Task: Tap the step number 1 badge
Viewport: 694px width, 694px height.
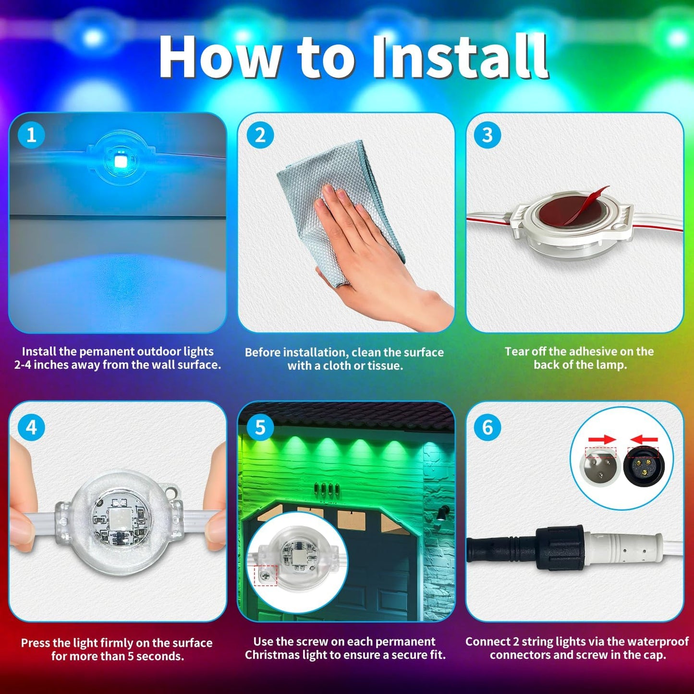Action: click(x=31, y=135)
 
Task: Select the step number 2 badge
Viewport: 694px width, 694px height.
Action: click(x=260, y=135)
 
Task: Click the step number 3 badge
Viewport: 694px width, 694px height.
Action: click(x=487, y=135)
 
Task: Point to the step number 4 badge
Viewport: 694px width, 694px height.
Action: click(x=31, y=427)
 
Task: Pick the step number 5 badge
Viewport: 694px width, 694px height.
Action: click(x=260, y=427)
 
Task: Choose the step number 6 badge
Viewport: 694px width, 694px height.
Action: click(x=487, y=427)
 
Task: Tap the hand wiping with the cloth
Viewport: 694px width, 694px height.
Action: click(x=365, y=240)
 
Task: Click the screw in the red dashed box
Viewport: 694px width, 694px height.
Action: click(x=265, y=575)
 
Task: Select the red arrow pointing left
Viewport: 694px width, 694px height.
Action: click(x=644, y=439)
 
